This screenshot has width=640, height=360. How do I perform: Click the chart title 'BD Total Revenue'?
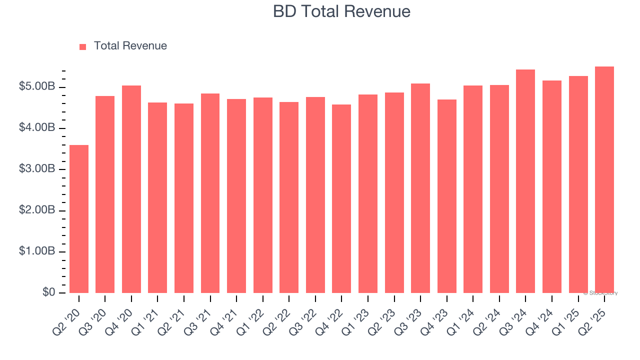341,11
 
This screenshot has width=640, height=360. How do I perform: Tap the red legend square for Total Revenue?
83,46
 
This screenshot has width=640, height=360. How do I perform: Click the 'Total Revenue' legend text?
130,46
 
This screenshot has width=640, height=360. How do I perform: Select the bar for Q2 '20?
79,219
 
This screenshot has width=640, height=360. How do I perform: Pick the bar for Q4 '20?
131,189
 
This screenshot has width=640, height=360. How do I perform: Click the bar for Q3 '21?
210,193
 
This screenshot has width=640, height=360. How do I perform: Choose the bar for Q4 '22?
341,198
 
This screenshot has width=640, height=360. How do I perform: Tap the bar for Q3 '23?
420,188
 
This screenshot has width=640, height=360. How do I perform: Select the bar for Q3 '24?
525,181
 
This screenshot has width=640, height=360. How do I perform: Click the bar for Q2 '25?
604,179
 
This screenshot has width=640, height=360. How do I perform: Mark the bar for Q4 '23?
446,196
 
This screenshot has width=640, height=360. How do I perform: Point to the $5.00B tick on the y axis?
37,87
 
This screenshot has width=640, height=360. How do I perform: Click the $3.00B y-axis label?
37,169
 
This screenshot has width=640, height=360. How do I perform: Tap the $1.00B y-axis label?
37,251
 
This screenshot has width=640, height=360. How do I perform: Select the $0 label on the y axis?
48,292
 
